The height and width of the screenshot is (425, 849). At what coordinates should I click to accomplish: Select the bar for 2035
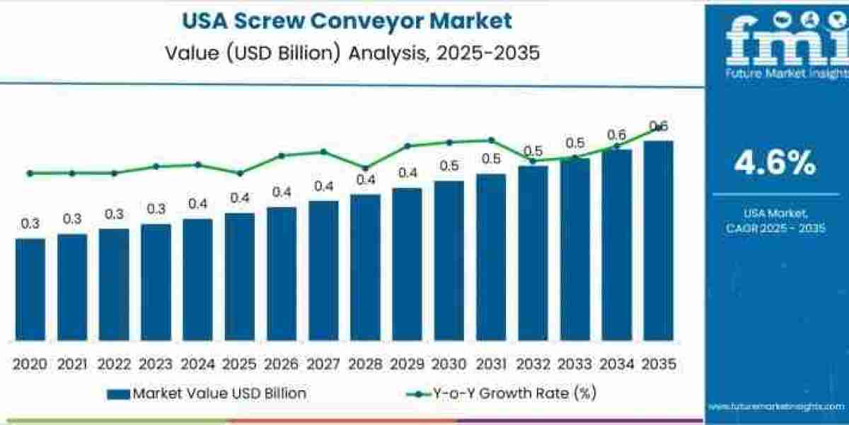(x=658, y=241)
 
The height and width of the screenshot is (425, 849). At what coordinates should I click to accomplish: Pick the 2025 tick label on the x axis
(x=239, y=364)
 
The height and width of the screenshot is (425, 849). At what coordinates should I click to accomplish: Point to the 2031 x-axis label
(x=491, y=364)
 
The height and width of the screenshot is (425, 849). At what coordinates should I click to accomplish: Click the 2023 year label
(x=156, y=364)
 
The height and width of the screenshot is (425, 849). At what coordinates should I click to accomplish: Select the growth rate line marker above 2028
(x=365, y=168)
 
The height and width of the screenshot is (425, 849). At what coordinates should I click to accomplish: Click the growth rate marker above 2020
(x=30, y=173)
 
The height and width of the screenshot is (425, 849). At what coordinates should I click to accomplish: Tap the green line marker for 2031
(x=491, y=140)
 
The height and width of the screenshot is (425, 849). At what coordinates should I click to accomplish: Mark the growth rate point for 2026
(x=281, y=155)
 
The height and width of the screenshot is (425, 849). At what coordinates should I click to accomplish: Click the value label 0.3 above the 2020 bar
(x=30, y=223)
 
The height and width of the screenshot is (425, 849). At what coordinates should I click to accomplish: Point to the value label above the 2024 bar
(x=197, y=204)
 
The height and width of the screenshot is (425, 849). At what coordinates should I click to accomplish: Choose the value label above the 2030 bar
(x=449, y=166)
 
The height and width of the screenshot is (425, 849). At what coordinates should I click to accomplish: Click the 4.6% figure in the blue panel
(x=775, y=164)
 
